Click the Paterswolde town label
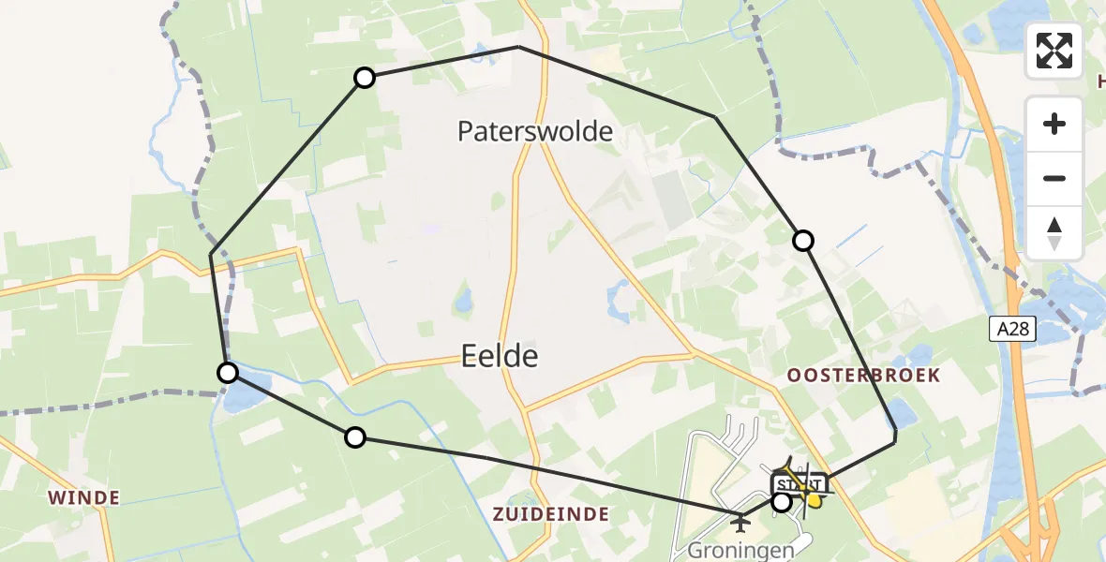[535, 131]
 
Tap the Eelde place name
[500, 356]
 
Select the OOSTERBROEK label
[862, 376]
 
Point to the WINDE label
[85, 497]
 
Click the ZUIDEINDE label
[551, 513]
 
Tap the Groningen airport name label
[741, 549]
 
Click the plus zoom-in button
[1054, 124]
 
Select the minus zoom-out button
[1054, 178]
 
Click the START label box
[798, 484]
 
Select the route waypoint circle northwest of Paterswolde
[365, 78]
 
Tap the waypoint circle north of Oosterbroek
[803, 241]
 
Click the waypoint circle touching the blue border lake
[228, 373]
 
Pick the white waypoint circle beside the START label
[781, 502]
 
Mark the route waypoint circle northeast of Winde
[355, 436]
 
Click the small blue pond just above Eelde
[462, 301]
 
